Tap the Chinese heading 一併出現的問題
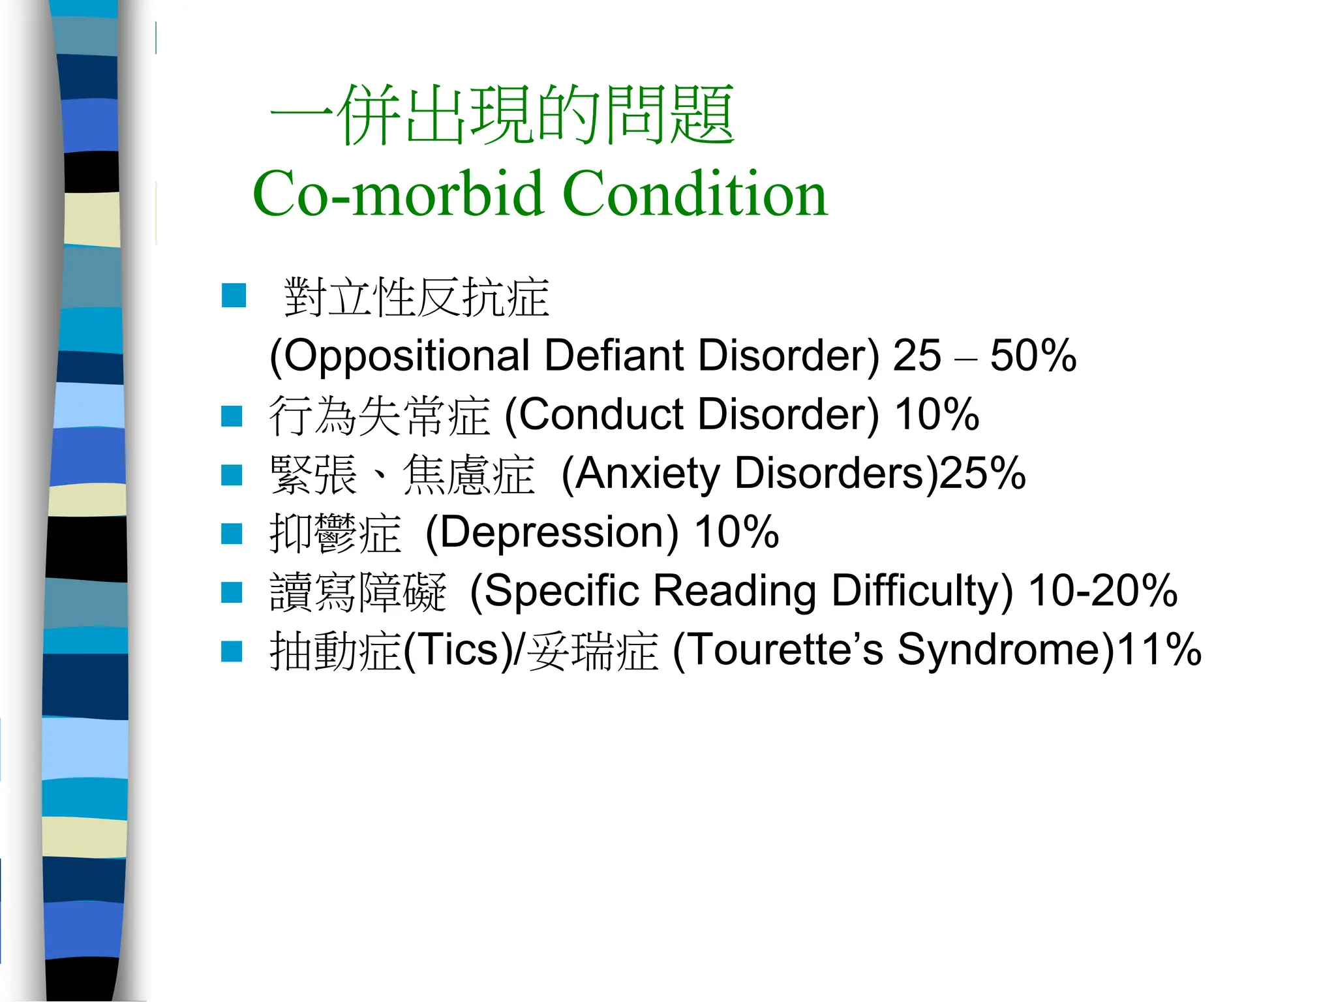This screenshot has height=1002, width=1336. [x=502, y=116]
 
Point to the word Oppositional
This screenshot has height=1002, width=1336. [x=399, y=356]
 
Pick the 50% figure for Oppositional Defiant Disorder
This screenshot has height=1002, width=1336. [x=1033, y=356]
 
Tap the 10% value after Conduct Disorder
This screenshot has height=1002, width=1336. [x=937, y=415]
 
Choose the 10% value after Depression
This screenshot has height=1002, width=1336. [x=736, y=532]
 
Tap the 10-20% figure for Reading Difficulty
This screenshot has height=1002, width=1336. [x=1102, y=591]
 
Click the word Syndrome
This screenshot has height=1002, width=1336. [x=1005, y=650]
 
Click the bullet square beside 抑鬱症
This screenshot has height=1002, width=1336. [x=232, y=534]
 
